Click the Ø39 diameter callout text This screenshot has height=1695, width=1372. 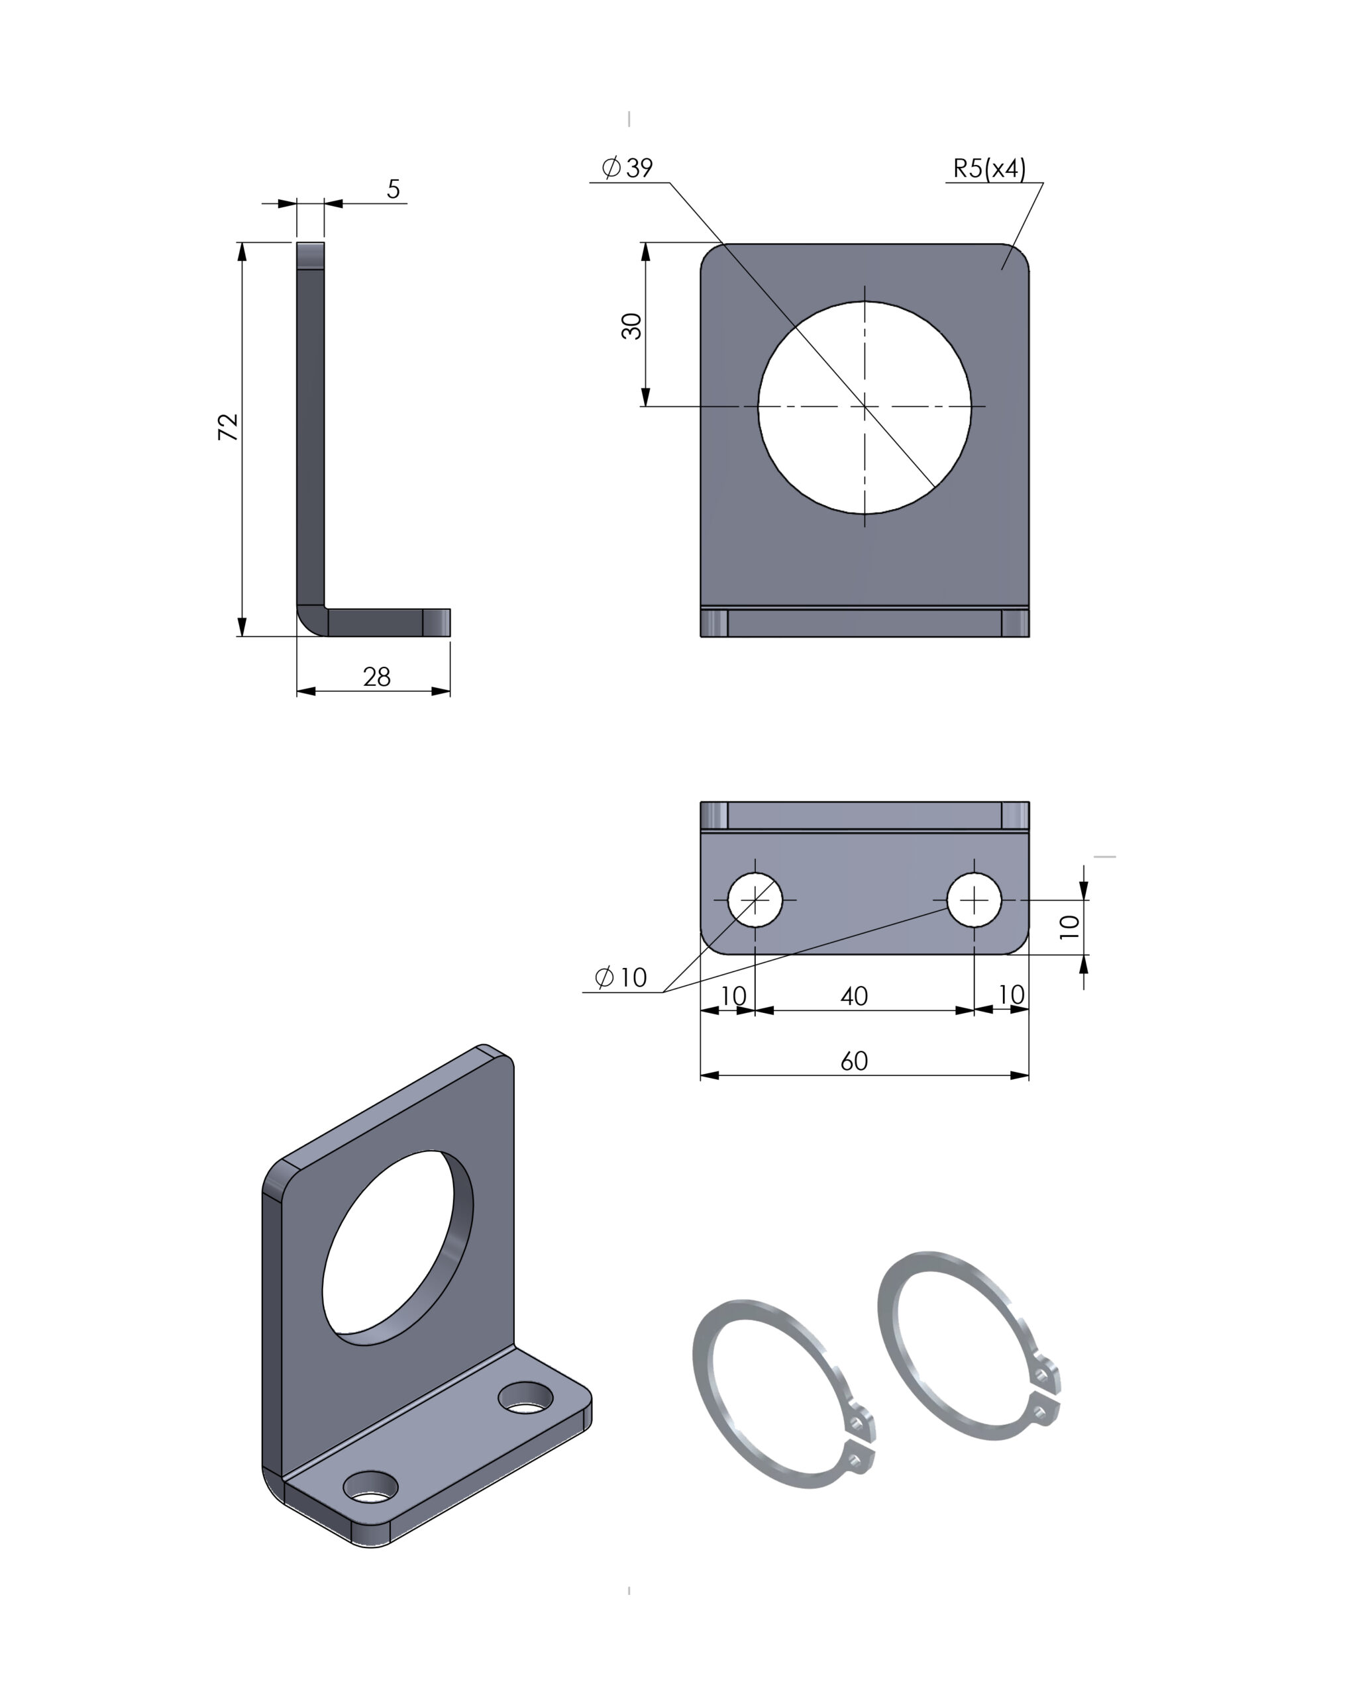coord(627,168)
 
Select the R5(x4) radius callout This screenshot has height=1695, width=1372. coord(990,168)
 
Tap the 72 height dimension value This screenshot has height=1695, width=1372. coord(228,426)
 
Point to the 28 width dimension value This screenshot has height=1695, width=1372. coord(377,677)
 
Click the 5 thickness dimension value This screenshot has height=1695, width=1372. coord(394,189)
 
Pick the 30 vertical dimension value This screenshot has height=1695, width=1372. coord(631,325)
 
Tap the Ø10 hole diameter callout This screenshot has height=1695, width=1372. coord(620,978)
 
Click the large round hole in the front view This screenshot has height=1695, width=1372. coord(865,408)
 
